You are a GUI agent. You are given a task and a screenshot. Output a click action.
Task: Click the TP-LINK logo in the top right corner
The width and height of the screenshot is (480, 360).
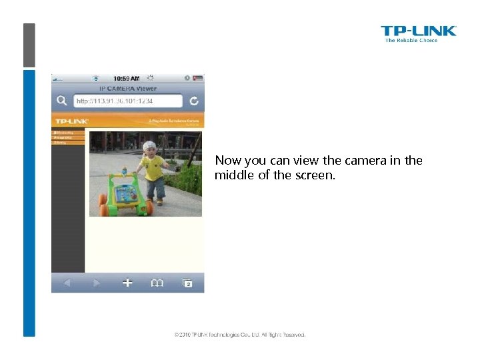click(x=418, y=33)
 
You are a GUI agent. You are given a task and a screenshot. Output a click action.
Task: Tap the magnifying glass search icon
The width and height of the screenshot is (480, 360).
click(x=61, y=101)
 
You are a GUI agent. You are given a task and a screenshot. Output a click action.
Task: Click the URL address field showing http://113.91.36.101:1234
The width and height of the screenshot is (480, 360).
click(x=127, y=101)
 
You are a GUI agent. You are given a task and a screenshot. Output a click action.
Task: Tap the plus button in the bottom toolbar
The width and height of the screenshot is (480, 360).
click(x=127, y=283)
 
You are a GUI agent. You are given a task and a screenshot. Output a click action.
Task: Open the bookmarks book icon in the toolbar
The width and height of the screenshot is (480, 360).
click(x=157, y=283)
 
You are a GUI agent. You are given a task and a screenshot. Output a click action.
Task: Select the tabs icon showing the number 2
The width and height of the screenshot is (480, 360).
click(x=187, y=283)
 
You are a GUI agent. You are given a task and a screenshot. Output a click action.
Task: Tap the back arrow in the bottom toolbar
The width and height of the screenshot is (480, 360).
click(x=67, y=283)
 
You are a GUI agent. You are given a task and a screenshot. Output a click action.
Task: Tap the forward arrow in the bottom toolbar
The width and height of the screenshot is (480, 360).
click(x=97, y=283)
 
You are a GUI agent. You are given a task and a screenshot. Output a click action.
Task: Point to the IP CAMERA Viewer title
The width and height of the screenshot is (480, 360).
click(x=127, y=88)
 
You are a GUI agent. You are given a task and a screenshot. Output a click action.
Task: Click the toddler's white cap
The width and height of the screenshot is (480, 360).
click(x=149, y=145)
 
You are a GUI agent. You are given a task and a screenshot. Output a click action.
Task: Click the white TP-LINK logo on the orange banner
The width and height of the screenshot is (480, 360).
click(x=71, y=121)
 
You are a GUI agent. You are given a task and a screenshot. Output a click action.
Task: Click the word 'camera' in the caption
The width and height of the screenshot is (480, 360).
click(x=364, y=161)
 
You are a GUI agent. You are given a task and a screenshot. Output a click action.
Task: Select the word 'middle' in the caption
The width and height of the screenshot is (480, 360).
click(x=231, y=175)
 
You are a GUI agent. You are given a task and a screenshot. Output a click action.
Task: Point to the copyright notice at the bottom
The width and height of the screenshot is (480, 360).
click(x=240, y=335)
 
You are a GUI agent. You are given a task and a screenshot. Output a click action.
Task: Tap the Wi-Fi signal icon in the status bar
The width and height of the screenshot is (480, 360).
click(x=95, y=78)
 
